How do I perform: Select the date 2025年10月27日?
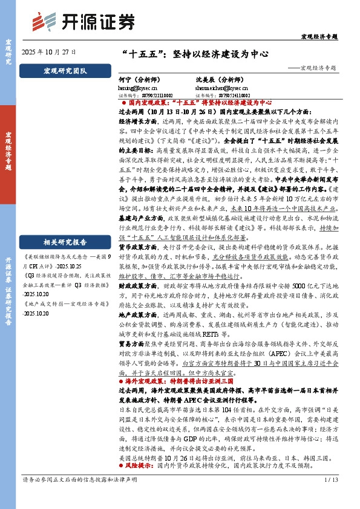[49, 52]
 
